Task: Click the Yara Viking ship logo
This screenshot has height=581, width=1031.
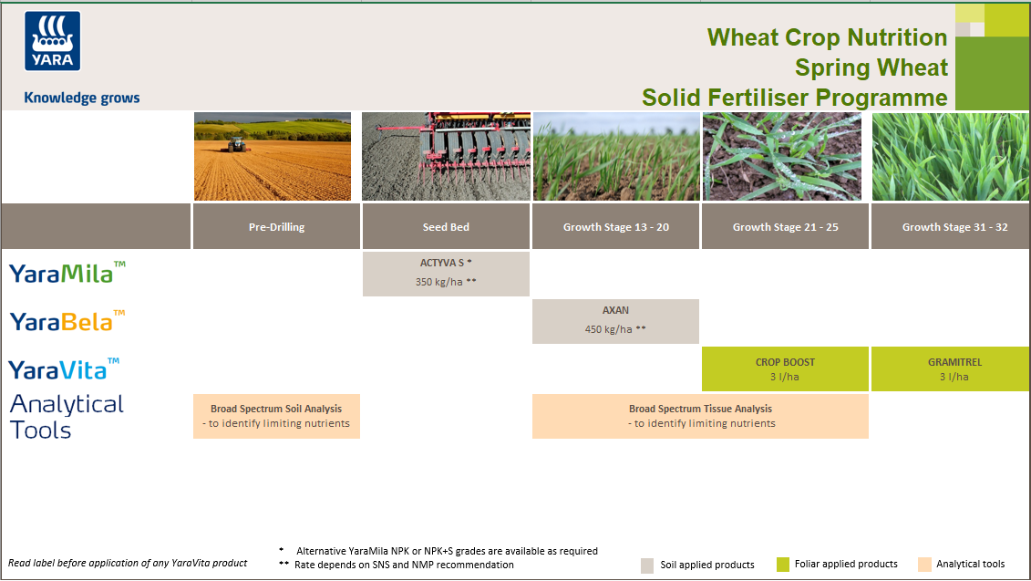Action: coord(53,41)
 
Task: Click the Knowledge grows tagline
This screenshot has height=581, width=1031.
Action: coord(82,98)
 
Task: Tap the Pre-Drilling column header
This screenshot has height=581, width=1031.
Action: coord(277,227)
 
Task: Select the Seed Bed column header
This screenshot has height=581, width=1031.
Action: coord(446,227)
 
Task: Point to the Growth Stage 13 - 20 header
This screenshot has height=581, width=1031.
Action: coord(616,227)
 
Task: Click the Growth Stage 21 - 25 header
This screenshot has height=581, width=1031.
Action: coord(785,227)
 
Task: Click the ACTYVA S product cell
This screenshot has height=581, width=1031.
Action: coord(446,273)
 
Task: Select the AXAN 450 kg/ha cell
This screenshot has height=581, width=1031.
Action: coord(615,320)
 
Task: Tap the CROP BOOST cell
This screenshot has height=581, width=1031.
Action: coord(785,368)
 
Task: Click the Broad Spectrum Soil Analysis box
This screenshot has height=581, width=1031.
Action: coord(276,416)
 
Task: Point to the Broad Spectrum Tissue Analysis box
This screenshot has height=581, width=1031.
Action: coord(700,416)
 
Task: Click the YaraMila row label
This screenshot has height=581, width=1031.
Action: coord(67,272)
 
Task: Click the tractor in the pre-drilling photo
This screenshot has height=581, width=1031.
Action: coord(237,143)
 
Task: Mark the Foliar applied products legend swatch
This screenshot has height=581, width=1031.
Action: coord(782,564)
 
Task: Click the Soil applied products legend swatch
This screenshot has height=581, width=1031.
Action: coord(647,565)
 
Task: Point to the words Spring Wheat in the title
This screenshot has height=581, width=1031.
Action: coord(871,67)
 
